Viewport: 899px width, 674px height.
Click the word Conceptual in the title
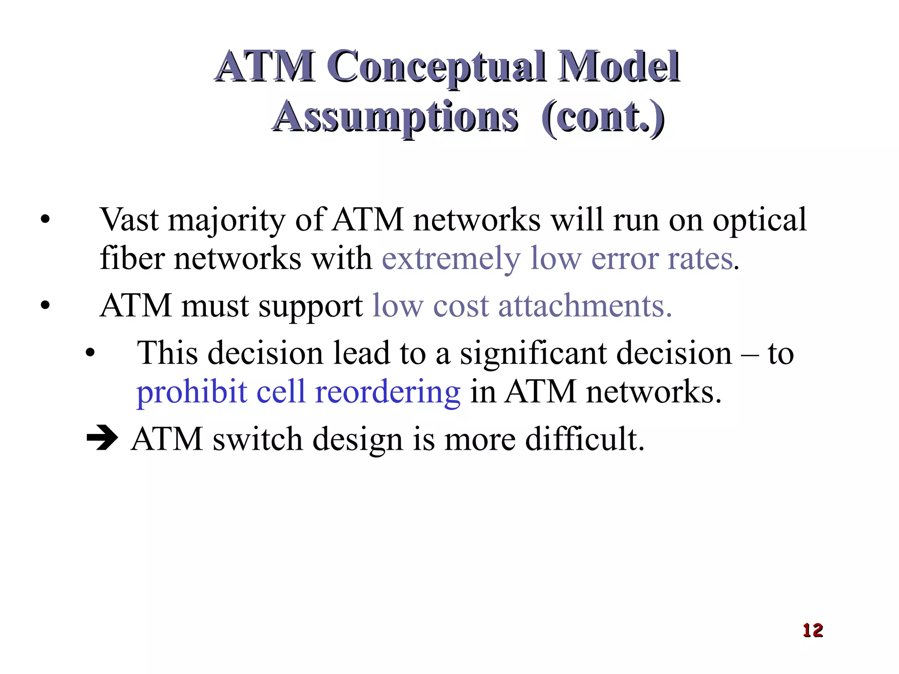[437, 67]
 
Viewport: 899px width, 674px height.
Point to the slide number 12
[813, 630]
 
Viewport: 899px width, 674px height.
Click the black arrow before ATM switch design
[102, 437]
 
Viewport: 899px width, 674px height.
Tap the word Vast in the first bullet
[129, 219]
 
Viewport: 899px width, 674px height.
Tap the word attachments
[585, 305]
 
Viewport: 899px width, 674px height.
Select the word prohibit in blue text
[191, 392]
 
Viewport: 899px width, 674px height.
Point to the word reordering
[388, 392]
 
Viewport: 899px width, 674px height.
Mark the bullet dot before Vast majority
[45, 219]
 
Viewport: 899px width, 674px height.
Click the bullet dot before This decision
[90, 353]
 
